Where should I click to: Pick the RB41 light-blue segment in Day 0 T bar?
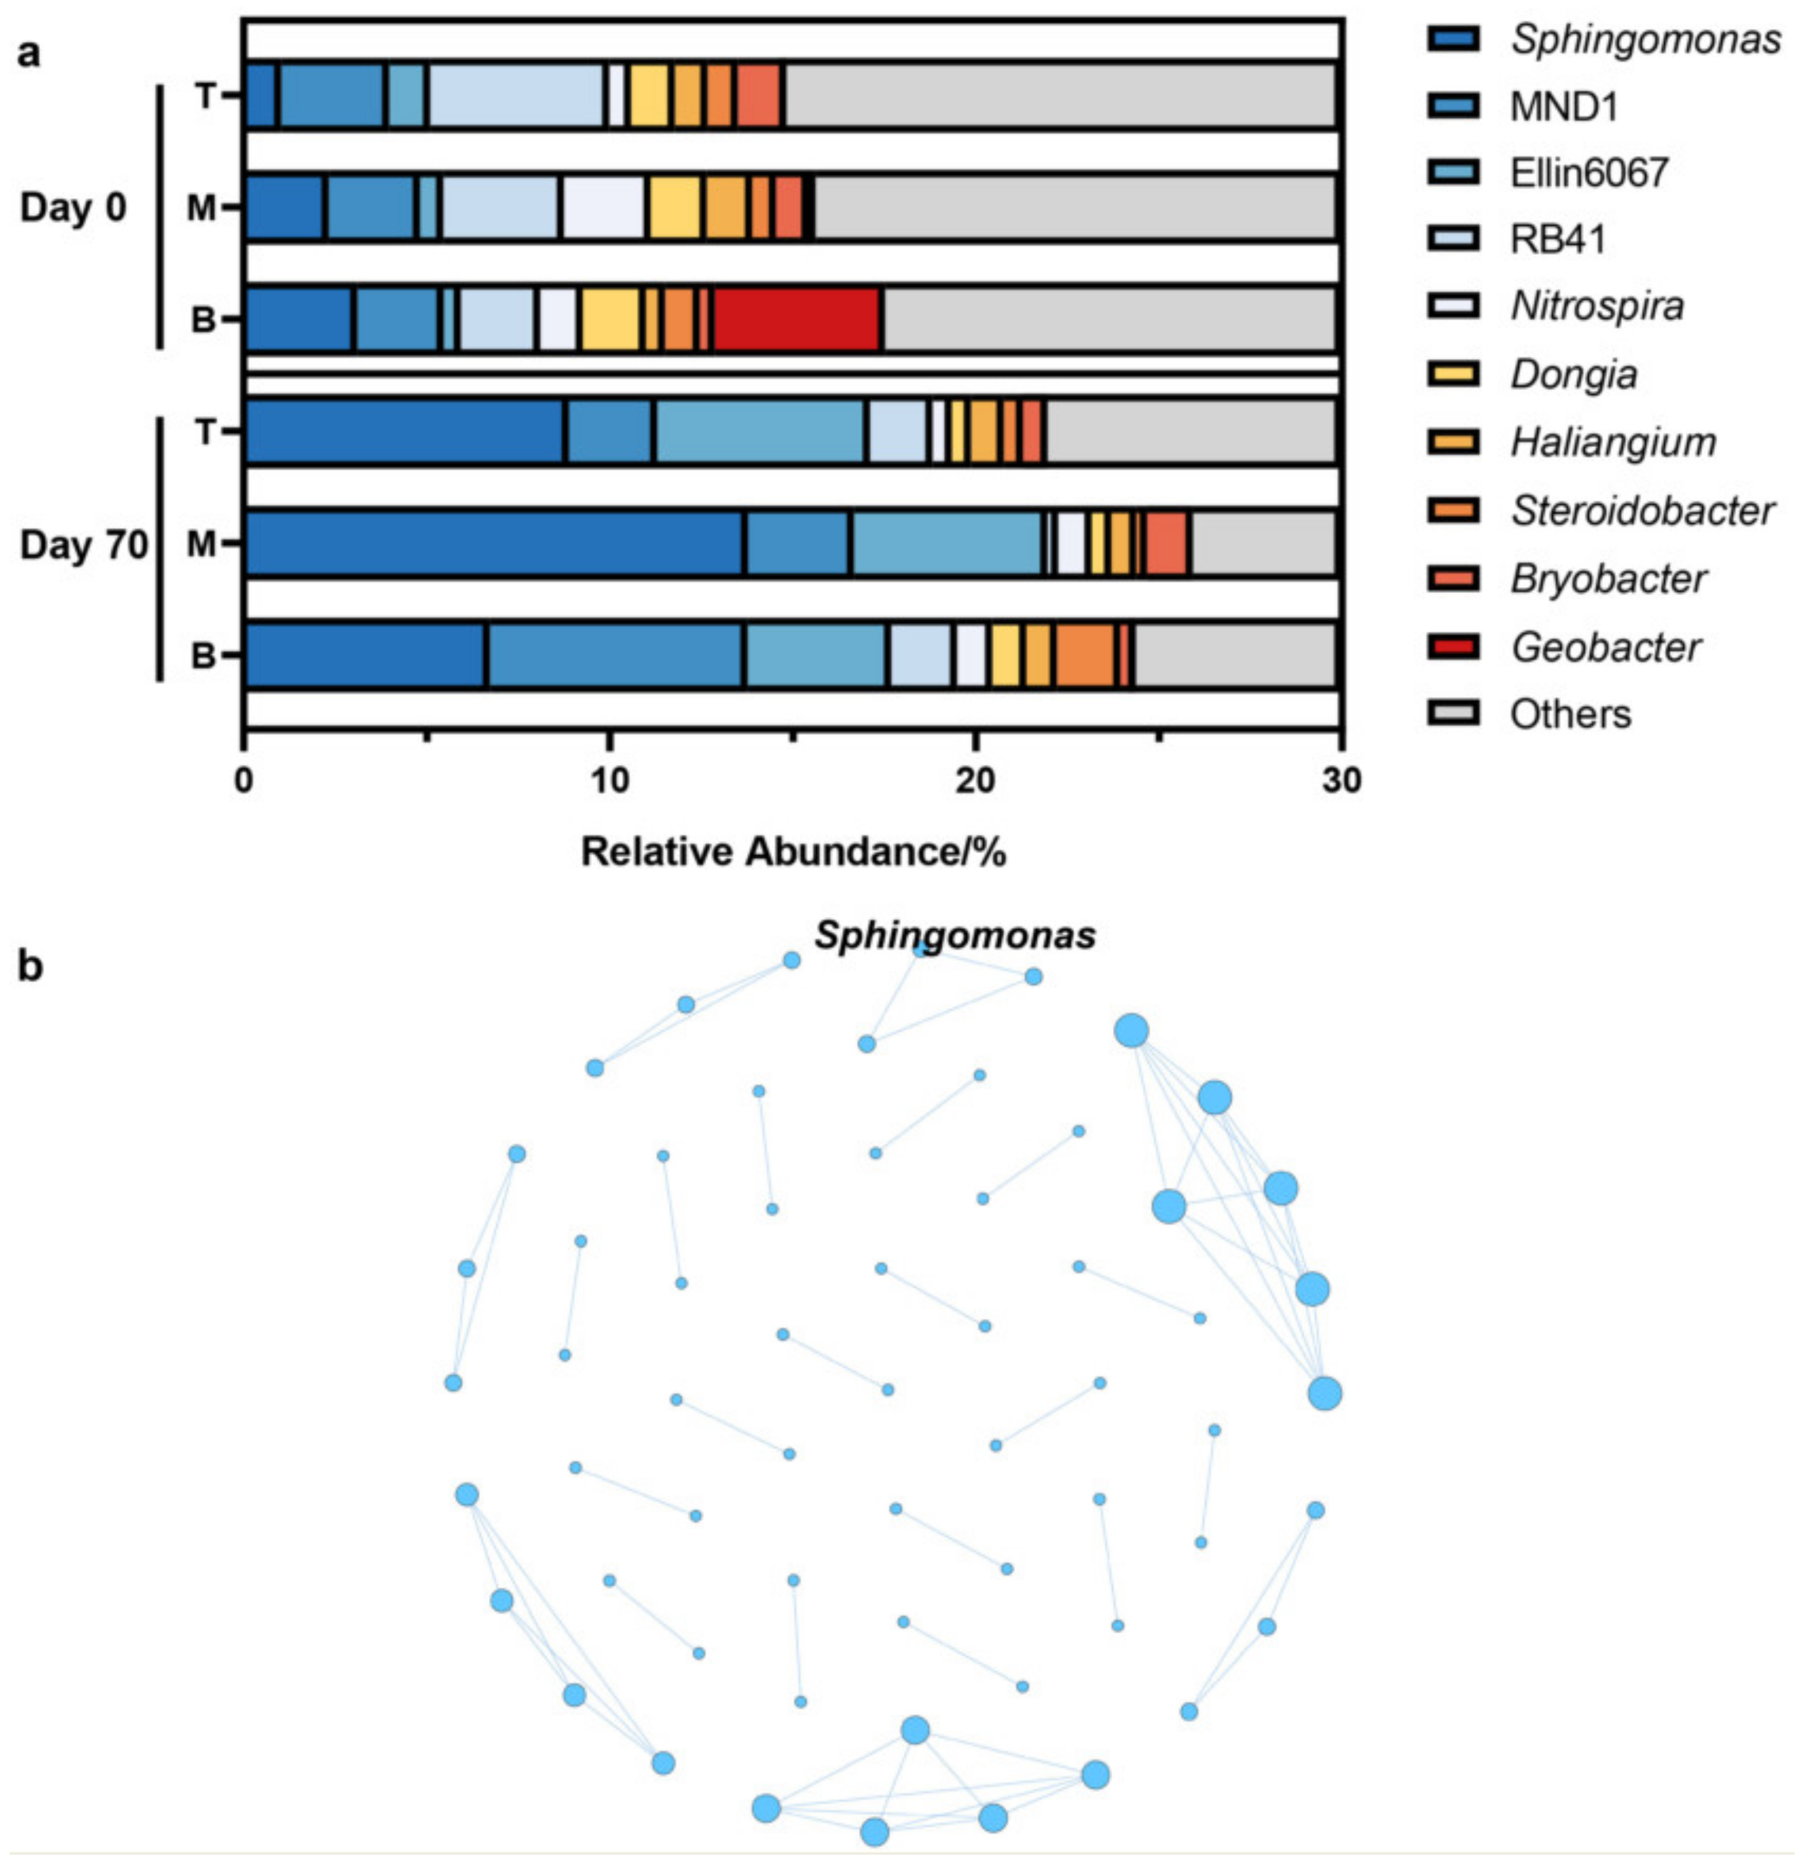[x=515, y=95]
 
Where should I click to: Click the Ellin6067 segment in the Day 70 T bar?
[x=760, y=432]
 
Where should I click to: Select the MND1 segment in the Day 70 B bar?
[x=615, y=655]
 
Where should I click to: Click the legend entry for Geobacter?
[x=1605, y=648]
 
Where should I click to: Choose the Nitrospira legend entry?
[x=1596, y=306]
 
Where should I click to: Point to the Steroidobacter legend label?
[x=1642, y=511]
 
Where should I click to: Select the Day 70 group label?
[x=84, y=545]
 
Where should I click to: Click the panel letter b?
[x=30, y=967]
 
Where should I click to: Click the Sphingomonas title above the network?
[x=954, y=935]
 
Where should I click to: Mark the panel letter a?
[x=29, y=52]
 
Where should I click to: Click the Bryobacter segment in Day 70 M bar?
[x=1166, y=544]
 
